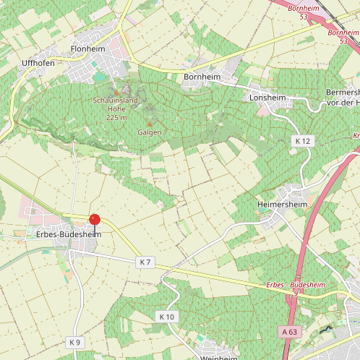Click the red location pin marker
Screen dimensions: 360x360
click(x=94, y=220)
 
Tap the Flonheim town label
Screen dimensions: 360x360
click(x=88, y=49)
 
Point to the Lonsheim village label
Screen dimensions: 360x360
click(x=267, y=97)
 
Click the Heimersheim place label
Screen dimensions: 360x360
click(x=283, y=205)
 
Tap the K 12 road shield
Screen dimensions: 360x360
click(x=302, y=140)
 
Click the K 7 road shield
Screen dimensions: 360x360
click(x=145, y=261)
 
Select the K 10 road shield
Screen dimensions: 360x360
click(x=166, y=317)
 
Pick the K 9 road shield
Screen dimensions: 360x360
click(x=74, y=341)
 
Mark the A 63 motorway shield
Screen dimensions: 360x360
click(x=289, y=331)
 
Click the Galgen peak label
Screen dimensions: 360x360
click(x=150, y=133)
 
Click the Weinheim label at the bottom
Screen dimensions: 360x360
click(x=217, y=356)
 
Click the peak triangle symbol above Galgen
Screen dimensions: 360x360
click(x=150, y=124)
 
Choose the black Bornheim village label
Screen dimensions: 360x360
click(x=201, y=76)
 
